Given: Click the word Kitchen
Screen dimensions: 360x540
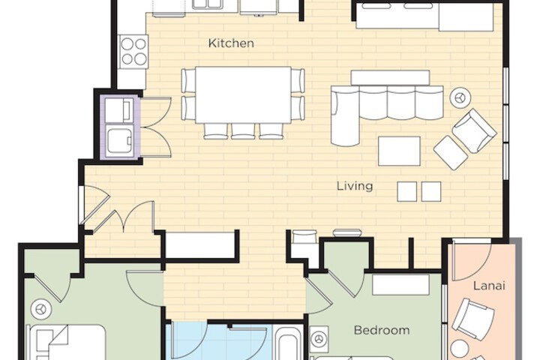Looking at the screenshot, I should [x=230, y=43].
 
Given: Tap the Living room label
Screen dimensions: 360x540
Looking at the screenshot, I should [x=354, y=186].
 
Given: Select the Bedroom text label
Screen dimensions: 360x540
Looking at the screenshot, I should [x=382, y=330].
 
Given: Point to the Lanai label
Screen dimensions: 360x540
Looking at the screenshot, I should [x=488, y=286].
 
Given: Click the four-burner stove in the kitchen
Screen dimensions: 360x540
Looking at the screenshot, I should [x=134, y=50].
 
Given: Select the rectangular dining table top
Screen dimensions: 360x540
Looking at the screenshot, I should [x=243, y=94].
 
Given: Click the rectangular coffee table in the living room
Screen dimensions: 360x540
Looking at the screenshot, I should [x=399, y=151].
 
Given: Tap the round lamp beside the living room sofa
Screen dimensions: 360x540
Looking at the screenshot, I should [x=459, y=97].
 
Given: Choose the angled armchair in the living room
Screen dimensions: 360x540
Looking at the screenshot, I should [x=474, y=130].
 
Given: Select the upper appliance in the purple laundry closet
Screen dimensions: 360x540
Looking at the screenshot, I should [x=120, y=111].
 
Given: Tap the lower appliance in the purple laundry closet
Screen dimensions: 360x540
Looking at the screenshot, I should [x=120, y=139].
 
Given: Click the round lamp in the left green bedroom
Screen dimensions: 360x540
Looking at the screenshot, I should [x=40, y=308].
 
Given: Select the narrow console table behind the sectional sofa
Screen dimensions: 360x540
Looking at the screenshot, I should [x=390, y=77].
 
